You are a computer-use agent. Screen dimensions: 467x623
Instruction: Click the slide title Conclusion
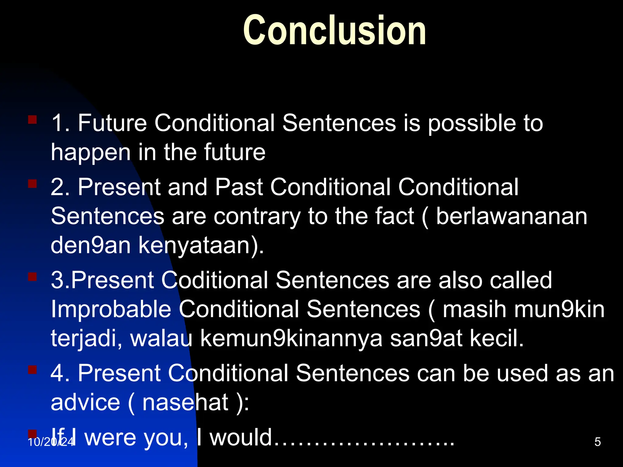[335, 30]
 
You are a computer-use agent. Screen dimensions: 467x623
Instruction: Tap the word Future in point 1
[113, 123]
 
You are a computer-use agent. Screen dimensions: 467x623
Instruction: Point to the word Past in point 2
[239, 187]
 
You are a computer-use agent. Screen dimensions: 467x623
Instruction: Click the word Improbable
[111, 309]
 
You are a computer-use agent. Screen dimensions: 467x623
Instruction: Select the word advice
[85, 403]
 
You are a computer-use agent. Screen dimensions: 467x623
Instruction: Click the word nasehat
[185, 403]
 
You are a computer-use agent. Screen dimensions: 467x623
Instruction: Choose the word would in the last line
[241, 437]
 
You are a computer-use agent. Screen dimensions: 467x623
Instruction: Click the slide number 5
[597, 442]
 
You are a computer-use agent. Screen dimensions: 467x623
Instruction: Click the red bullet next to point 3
[32, 277]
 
